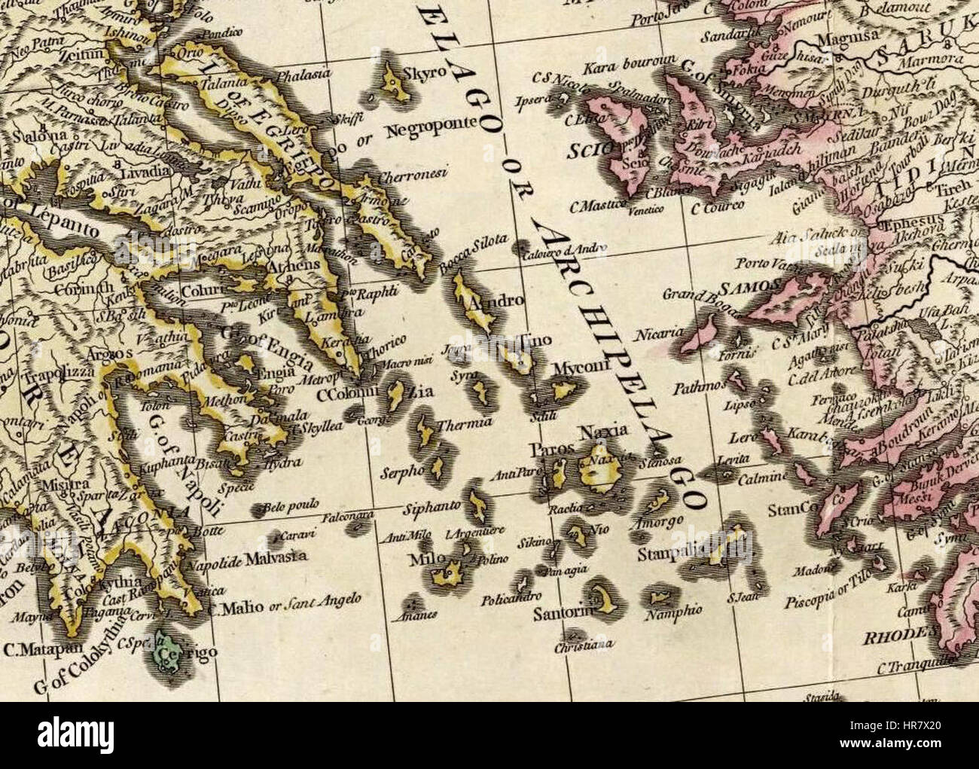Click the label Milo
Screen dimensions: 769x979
[421, 560]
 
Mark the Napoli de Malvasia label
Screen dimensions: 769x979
[246, 557]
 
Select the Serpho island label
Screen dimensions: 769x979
[403, 468]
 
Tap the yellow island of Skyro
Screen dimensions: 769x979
[394, 85]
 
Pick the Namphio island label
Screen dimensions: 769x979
[673, 613]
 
